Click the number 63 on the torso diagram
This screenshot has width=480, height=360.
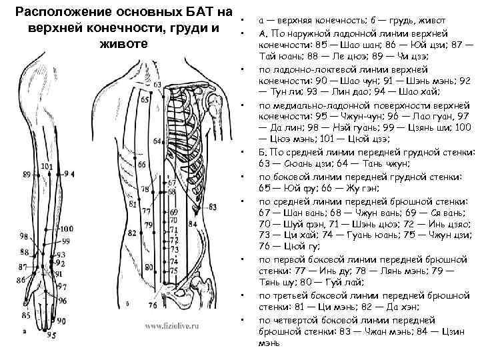157,85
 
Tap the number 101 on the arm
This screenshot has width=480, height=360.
47,166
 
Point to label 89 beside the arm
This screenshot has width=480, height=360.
26,174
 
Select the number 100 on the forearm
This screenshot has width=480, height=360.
67,229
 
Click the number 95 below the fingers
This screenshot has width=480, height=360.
51,335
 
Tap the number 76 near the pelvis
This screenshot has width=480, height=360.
154,305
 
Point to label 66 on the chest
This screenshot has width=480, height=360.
142,164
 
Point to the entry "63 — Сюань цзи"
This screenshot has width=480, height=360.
293,163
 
